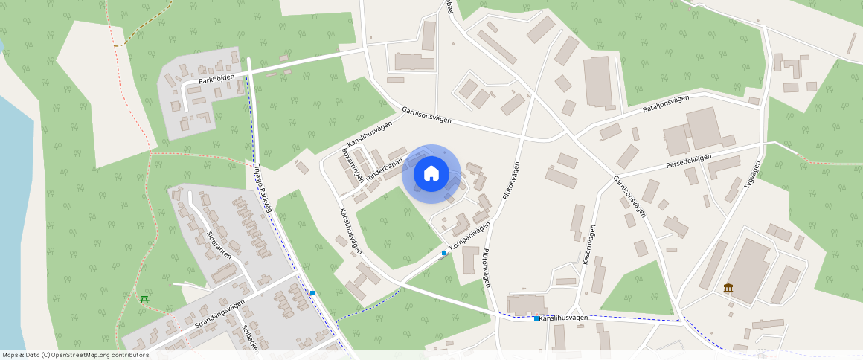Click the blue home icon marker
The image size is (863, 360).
point(431,174)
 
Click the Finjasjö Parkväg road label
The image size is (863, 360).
point(263,189)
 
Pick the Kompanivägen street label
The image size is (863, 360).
point(471,236)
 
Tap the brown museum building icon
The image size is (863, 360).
point(728,288)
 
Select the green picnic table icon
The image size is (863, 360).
point(144,299)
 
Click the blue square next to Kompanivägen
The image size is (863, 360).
point(444,253)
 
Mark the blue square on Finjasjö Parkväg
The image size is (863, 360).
point(312,293)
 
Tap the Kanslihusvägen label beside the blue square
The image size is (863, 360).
point(563,318)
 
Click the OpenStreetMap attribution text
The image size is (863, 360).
point(75,355)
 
